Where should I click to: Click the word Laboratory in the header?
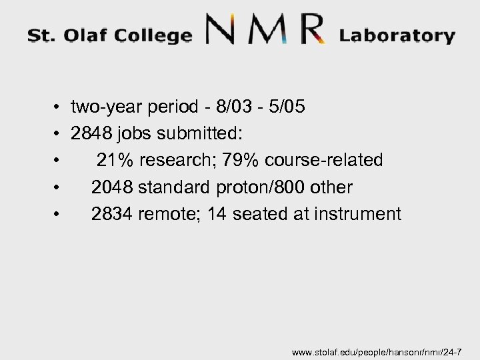coord(397,36)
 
